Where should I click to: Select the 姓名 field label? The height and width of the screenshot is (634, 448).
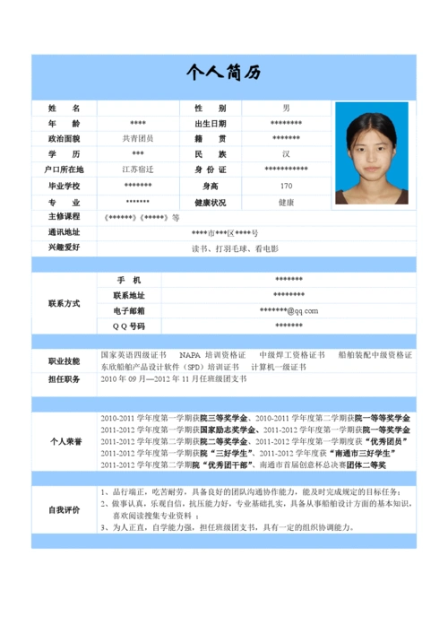pos(64,108)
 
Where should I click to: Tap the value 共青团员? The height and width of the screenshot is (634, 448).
pos(137,139)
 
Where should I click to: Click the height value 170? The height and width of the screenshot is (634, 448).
pos(286,186)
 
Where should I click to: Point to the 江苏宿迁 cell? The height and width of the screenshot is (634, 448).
pos(137,170)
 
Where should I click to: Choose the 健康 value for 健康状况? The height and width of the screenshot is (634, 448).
pos(286,202)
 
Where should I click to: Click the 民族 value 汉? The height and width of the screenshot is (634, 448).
pos(286,154)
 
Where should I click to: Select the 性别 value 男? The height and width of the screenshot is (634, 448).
pos(286,108)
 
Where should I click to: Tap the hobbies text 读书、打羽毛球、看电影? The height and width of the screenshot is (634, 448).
pos(235,248)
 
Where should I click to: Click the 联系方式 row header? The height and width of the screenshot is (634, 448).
pos(64,303)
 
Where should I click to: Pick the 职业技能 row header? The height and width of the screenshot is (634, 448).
pos(64,360)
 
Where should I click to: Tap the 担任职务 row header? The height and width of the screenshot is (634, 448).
pos(64,379)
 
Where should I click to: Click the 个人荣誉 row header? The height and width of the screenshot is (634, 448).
pos(64,442)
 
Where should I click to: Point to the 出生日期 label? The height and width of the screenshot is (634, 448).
pos(211,124)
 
